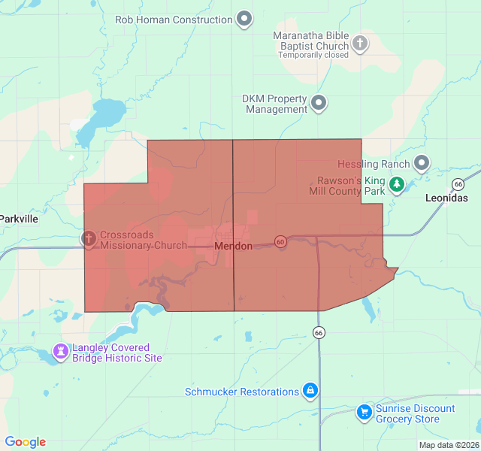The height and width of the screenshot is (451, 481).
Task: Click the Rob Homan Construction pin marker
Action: click(244, 19)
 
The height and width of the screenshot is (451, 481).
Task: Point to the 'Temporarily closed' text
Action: click(313, 55)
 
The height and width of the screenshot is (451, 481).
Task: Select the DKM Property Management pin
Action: click(319, 103)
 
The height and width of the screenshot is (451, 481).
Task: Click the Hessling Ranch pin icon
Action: click(422, 162)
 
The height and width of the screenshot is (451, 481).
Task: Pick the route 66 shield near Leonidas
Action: click(458, 184)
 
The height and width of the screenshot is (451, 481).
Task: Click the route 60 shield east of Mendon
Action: click(280, 242)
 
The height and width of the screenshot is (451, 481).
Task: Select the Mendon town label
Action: click(233, 247)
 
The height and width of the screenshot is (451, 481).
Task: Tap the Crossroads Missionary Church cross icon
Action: click(89, 239)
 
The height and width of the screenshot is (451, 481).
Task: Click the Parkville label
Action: click(19, 219)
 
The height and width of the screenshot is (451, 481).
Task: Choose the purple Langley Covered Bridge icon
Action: click(60, 351)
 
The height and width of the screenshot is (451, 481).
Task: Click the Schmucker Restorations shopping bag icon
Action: click(310, 391)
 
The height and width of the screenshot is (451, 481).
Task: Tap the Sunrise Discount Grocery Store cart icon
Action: click(365, 412)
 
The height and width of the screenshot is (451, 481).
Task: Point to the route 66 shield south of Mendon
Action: click(319, 332)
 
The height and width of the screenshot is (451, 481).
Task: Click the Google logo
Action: click(26, 442)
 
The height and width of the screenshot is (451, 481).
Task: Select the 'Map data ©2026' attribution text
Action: click(448, 445)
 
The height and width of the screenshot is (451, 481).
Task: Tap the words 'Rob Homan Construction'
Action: click(174, 20)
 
